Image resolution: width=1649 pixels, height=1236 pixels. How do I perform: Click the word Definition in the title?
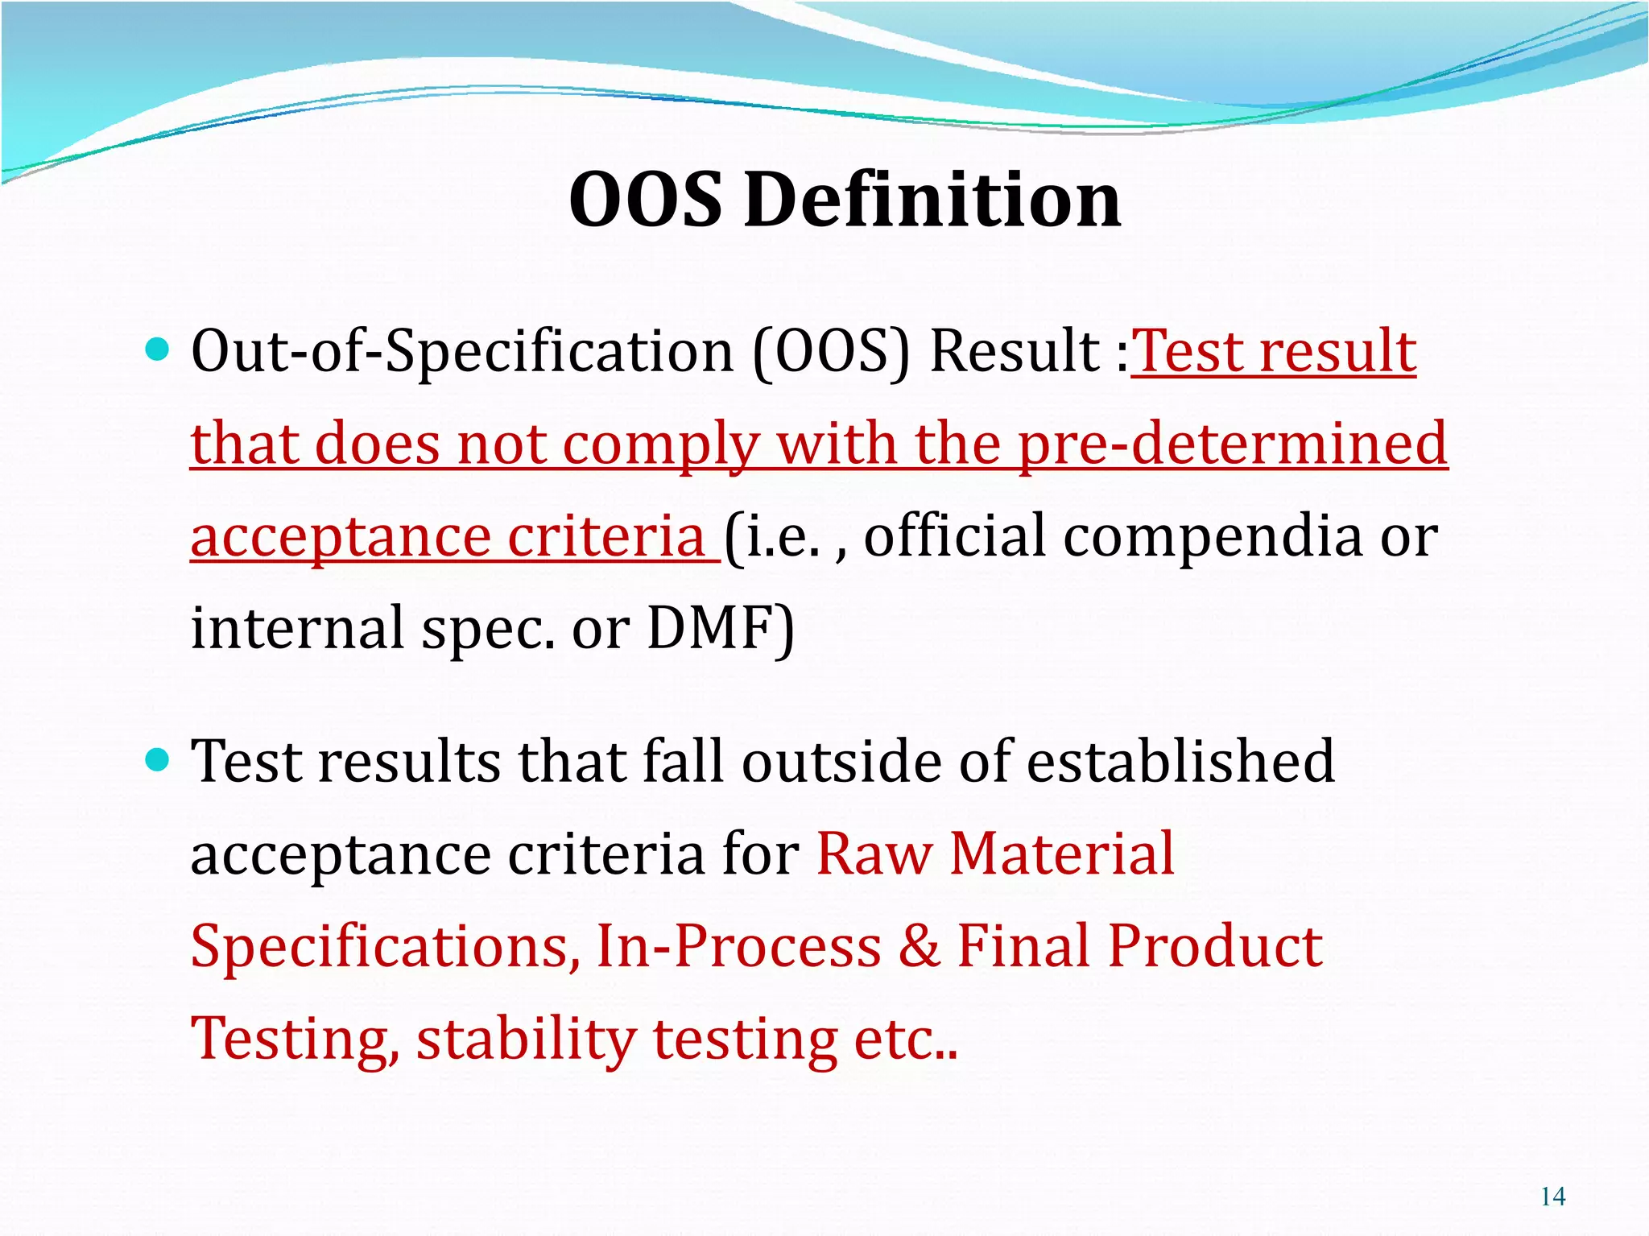(x=932, y=200)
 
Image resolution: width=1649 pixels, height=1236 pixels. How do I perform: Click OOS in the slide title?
(x=646, y=200)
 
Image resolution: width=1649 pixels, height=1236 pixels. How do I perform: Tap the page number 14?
(x=1552, y=1197)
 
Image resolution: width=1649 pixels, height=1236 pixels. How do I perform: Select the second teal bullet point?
(x=158, y=759)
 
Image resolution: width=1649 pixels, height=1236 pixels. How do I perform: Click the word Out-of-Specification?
(x=462, y=352)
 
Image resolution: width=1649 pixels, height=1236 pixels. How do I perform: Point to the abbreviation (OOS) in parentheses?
(x=831, y=352)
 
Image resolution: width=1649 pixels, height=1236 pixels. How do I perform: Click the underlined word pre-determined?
(x=1233, y=444)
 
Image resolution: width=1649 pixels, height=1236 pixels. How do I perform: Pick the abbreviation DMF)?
(x=721, y=628)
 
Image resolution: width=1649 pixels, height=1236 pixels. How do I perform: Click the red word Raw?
(x=874, y=854)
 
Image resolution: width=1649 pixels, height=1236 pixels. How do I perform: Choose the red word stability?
(x=526, y=1039)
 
